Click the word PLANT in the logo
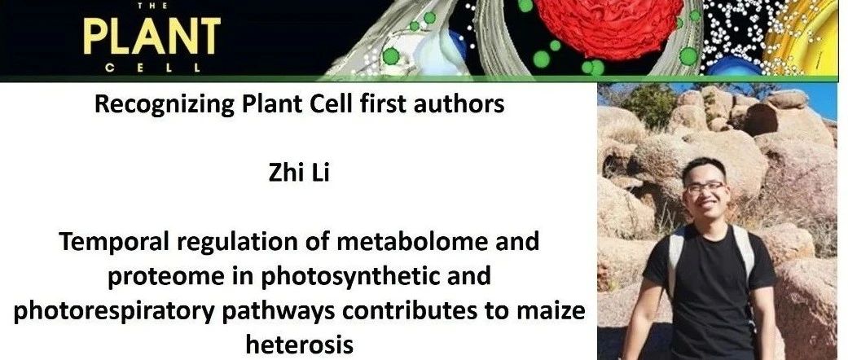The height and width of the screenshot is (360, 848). point(152,36)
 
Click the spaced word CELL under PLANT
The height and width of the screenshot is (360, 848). point(152,68)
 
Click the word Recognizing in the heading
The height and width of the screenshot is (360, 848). point(165,105)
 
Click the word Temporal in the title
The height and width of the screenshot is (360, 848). point(109,242)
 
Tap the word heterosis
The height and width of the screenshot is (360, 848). point(299,344)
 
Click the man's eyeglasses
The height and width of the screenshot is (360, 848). point(705,187)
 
